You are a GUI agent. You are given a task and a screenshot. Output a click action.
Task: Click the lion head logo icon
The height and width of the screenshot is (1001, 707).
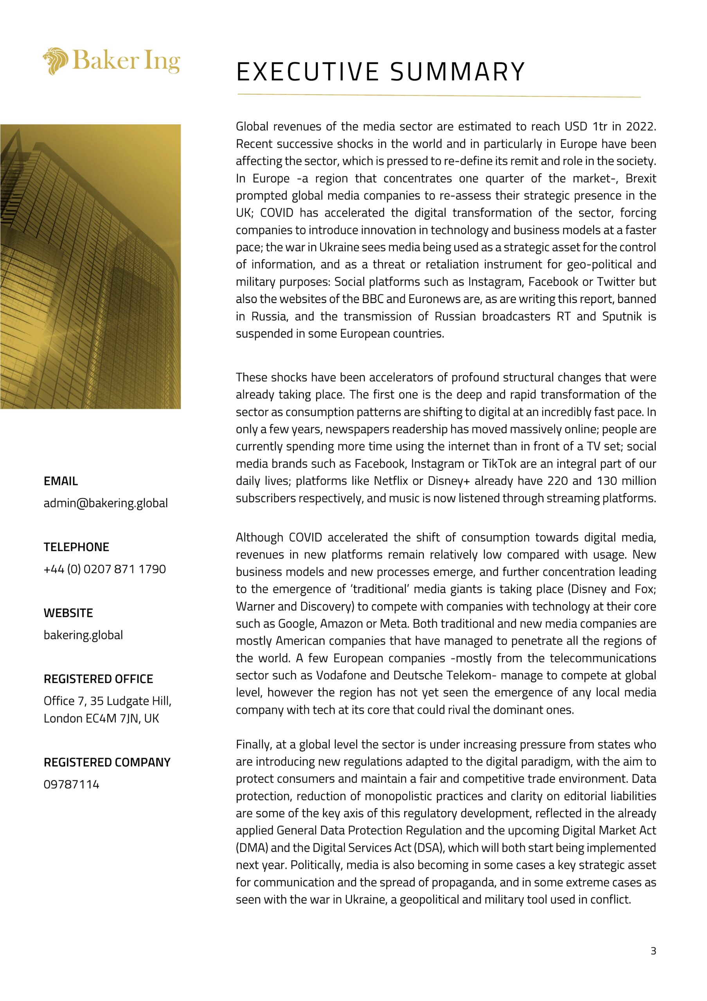click(x=56, y=61)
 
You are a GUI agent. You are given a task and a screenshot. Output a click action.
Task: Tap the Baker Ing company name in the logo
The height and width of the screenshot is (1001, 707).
click(x=126, y=61)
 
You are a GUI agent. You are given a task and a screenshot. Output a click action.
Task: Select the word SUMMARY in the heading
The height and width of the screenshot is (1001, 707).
click(x=457, y=72)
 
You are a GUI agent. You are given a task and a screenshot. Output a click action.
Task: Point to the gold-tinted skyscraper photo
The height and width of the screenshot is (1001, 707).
click(x=90, y=266)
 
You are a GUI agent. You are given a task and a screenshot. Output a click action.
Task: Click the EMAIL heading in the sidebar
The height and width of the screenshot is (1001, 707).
click(x=61, y=481)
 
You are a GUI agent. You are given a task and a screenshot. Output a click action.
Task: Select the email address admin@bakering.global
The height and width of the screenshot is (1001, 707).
click(x=106, y=503)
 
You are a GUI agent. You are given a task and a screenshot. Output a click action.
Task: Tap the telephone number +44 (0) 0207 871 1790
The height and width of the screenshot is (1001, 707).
click(x=105, y=569)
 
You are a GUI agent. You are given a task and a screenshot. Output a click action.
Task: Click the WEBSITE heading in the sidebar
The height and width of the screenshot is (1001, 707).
click(x=68, y=613)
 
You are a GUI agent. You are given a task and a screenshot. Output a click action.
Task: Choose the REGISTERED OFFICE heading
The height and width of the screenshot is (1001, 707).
click(x=98, y=679)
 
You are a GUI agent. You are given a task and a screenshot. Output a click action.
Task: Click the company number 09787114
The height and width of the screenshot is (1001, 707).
click(x=72, y=784)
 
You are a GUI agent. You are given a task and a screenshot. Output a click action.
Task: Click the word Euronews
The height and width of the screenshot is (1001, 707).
click(x=434, y=299)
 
